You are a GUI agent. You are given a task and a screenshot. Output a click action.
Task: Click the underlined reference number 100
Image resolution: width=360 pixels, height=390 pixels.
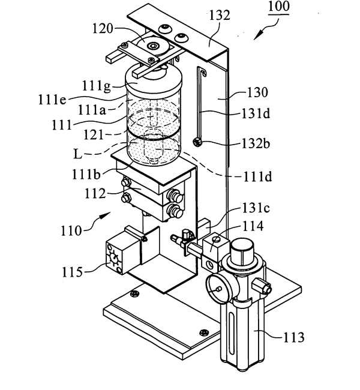279,7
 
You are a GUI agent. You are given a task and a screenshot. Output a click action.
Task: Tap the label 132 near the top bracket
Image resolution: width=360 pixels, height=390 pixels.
220,16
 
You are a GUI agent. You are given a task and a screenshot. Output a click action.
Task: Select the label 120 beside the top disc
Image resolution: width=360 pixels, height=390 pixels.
103,29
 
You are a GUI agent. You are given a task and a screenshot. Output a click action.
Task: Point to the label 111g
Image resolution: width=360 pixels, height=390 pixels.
96,86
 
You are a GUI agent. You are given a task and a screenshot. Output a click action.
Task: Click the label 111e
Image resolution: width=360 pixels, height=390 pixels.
52,100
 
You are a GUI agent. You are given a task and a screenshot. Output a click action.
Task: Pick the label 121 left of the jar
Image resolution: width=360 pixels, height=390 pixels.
93,135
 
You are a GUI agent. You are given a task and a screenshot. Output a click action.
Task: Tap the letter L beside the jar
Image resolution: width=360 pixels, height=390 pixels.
77,154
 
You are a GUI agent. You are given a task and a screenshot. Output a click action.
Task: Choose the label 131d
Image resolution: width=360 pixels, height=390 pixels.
256,114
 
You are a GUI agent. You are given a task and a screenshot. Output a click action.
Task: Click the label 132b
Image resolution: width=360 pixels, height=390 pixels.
256,144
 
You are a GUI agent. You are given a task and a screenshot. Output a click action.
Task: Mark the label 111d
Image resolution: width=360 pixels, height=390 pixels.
257,177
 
